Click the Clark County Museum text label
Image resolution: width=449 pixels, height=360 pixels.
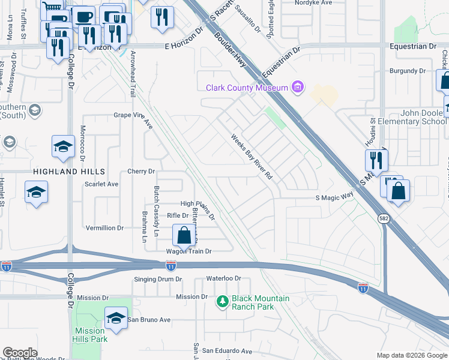[x=247, y=88]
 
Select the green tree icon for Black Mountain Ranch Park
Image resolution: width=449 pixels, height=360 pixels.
[x=223, y=300]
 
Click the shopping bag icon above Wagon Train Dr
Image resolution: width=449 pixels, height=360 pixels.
[x=184, y=235]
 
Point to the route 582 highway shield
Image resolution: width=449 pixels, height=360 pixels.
[x=383, y=220]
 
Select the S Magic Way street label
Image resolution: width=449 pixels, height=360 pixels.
[x=334, y=197]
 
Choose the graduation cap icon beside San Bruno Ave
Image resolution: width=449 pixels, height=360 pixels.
[x=116, y=317]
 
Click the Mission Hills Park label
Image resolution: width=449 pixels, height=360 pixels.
[x=90, y=335]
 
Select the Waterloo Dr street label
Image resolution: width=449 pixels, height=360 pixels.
[x=223, y=278]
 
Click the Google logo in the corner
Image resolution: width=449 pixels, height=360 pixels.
[x=20, y=353]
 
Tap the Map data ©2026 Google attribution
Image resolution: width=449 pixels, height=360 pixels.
[x=411, y=355]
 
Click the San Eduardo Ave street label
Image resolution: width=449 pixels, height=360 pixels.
[x=227, y=350]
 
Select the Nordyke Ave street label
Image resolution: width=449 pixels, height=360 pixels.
[x=314, y=2]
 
